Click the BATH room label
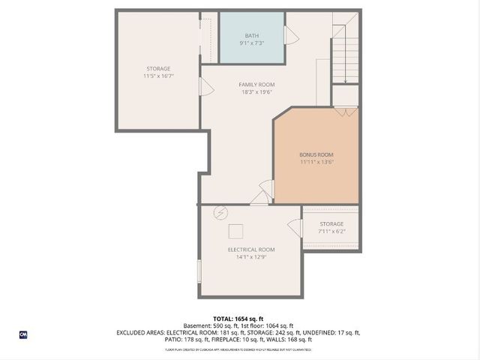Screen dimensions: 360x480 point(251,36)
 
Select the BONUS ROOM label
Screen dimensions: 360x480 point(316,154)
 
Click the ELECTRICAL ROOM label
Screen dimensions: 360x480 point(251,249)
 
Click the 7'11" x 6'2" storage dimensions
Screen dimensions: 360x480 point(331,231)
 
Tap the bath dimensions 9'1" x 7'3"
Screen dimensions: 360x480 point(251,43)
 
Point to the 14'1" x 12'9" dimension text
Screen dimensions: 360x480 point(251,256)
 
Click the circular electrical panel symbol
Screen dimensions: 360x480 point(220,212)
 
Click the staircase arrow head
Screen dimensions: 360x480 point(345,80)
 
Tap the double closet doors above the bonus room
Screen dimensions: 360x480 point(345,111)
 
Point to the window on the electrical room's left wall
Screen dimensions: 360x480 point(199,271)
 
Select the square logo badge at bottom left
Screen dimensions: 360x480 point(22,334)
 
